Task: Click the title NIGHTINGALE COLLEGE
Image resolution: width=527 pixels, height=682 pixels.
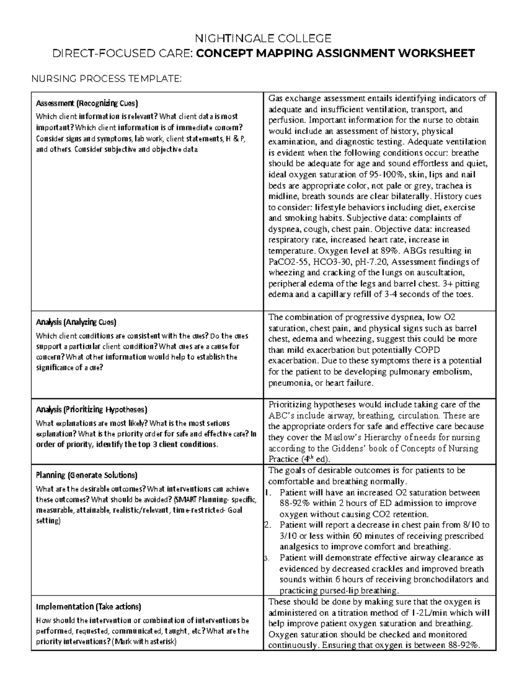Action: [x=263, y=38]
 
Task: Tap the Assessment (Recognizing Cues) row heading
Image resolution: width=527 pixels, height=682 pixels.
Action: [x=87, y=104]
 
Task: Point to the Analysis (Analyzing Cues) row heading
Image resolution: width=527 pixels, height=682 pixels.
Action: [x=76, y=322]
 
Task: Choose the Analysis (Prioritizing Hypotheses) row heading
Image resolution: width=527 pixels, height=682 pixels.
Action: [x=91, y=410]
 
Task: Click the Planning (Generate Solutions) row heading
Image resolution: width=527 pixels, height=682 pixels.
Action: [x=87, y=475]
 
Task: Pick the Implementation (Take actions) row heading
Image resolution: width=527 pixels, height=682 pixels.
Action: [x=88, y=607]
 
